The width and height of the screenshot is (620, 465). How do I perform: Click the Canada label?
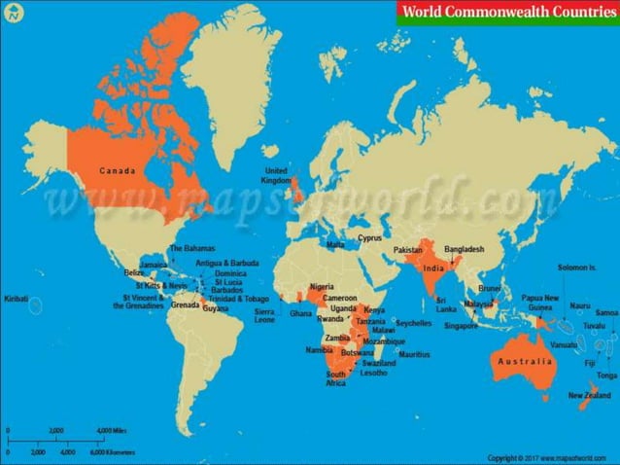pyautogui.click(x=118, y=171)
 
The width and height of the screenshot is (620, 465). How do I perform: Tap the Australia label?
pyautogui.click(x=525, y=361)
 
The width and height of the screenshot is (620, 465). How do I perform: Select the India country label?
pyautogui.click(x=433, y=268)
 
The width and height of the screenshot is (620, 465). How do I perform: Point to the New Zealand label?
pyautogui.click(x=590, y=395)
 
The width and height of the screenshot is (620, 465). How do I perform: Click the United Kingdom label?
pyautogui.click(x=276, y=176)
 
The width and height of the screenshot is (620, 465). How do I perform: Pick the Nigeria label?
pyautogui.click(x=322, y=286)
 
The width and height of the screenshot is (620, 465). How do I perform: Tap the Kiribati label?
pyautogui.click(x=16, y=299)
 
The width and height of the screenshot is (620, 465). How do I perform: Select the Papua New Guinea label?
pyautogui.click(x=539, y=303)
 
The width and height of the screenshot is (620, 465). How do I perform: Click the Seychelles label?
pyautogui.click(x=414, y=323)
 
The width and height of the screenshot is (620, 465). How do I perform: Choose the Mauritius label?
pyautogui.click(x=414, y=354)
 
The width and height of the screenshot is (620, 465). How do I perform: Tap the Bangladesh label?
pyautogui.click(x=464, y=249)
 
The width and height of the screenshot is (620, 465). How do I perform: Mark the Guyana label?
pyautogui.click(x=216, y=307)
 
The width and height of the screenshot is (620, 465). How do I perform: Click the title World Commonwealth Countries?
pyautogui.click(x=507, y=13)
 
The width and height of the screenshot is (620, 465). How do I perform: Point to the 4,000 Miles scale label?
pyautogui.click(x=111, y=429)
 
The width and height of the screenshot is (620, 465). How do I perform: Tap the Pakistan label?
pyautogui.click(x=408, y=251)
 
